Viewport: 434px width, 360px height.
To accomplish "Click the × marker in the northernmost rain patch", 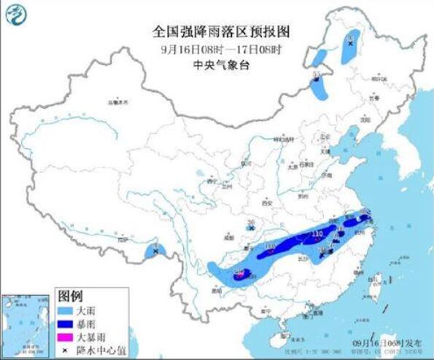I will coord(351,44).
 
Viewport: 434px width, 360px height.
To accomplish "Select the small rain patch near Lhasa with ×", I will coord(155,251).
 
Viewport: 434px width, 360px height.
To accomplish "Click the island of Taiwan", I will coord(377,284).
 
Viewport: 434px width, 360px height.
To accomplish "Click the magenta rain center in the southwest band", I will coord(240,275).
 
